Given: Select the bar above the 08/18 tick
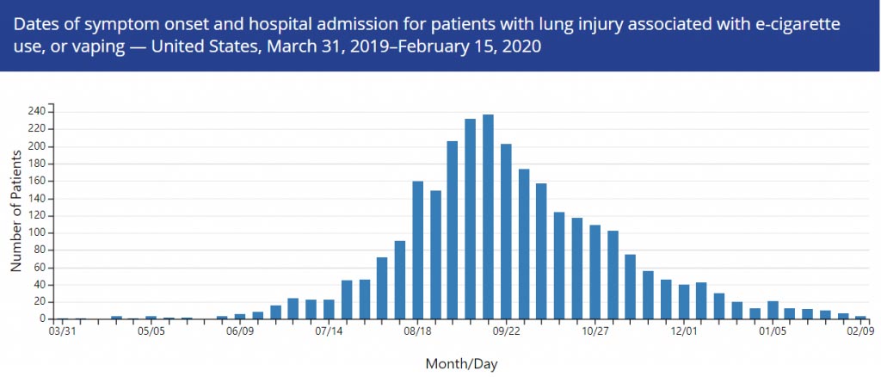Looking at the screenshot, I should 417,250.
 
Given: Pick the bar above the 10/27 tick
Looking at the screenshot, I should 595,271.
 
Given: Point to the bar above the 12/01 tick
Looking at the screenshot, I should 683,301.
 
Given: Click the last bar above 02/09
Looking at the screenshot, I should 860,317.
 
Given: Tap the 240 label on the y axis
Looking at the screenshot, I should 36,111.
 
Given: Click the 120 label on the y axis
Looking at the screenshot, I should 36,215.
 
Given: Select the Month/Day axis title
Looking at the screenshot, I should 461,364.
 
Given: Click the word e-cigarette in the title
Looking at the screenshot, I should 820,20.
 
